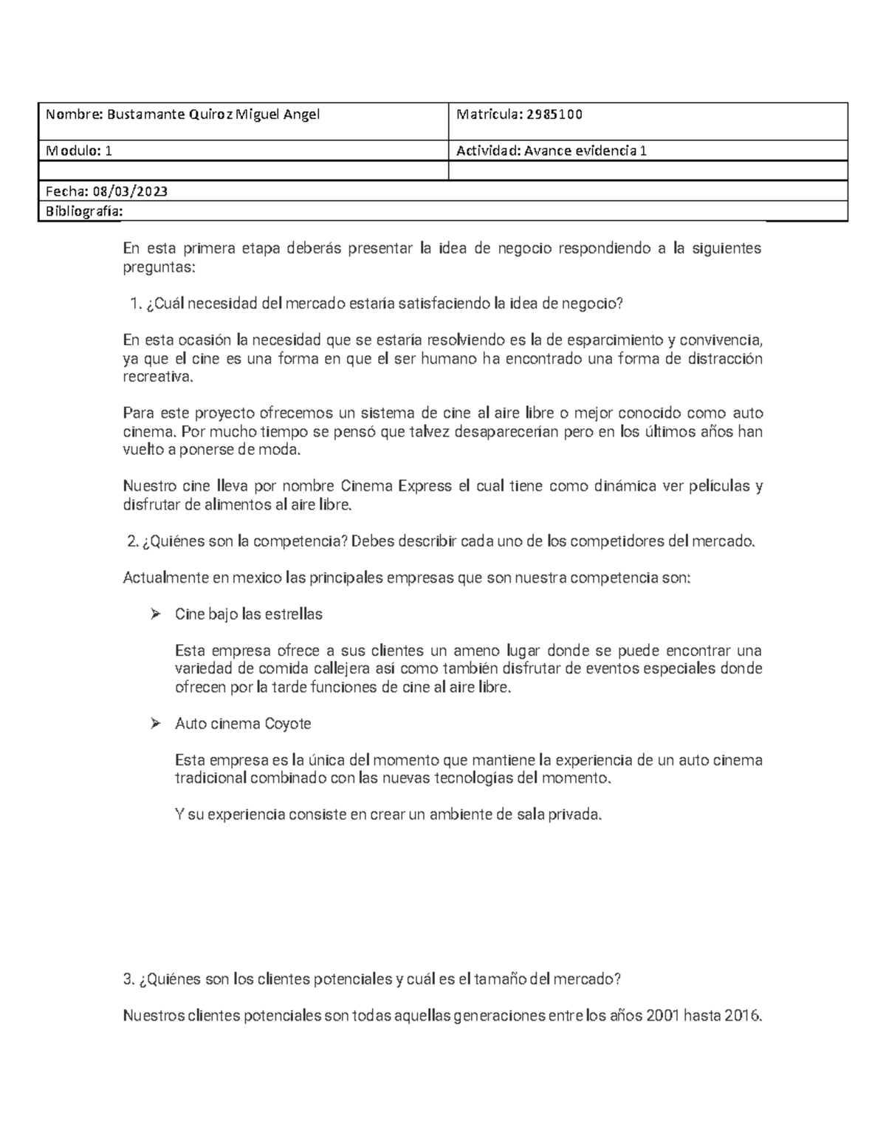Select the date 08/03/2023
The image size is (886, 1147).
(128, 191)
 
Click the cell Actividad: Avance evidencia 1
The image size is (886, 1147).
(552, 151)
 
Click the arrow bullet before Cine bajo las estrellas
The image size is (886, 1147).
(155, 614)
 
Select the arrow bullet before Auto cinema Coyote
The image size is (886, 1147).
(155, 723)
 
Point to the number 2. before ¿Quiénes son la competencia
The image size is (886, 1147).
(133, 541)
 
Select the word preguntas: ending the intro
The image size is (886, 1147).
(159, 267)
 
